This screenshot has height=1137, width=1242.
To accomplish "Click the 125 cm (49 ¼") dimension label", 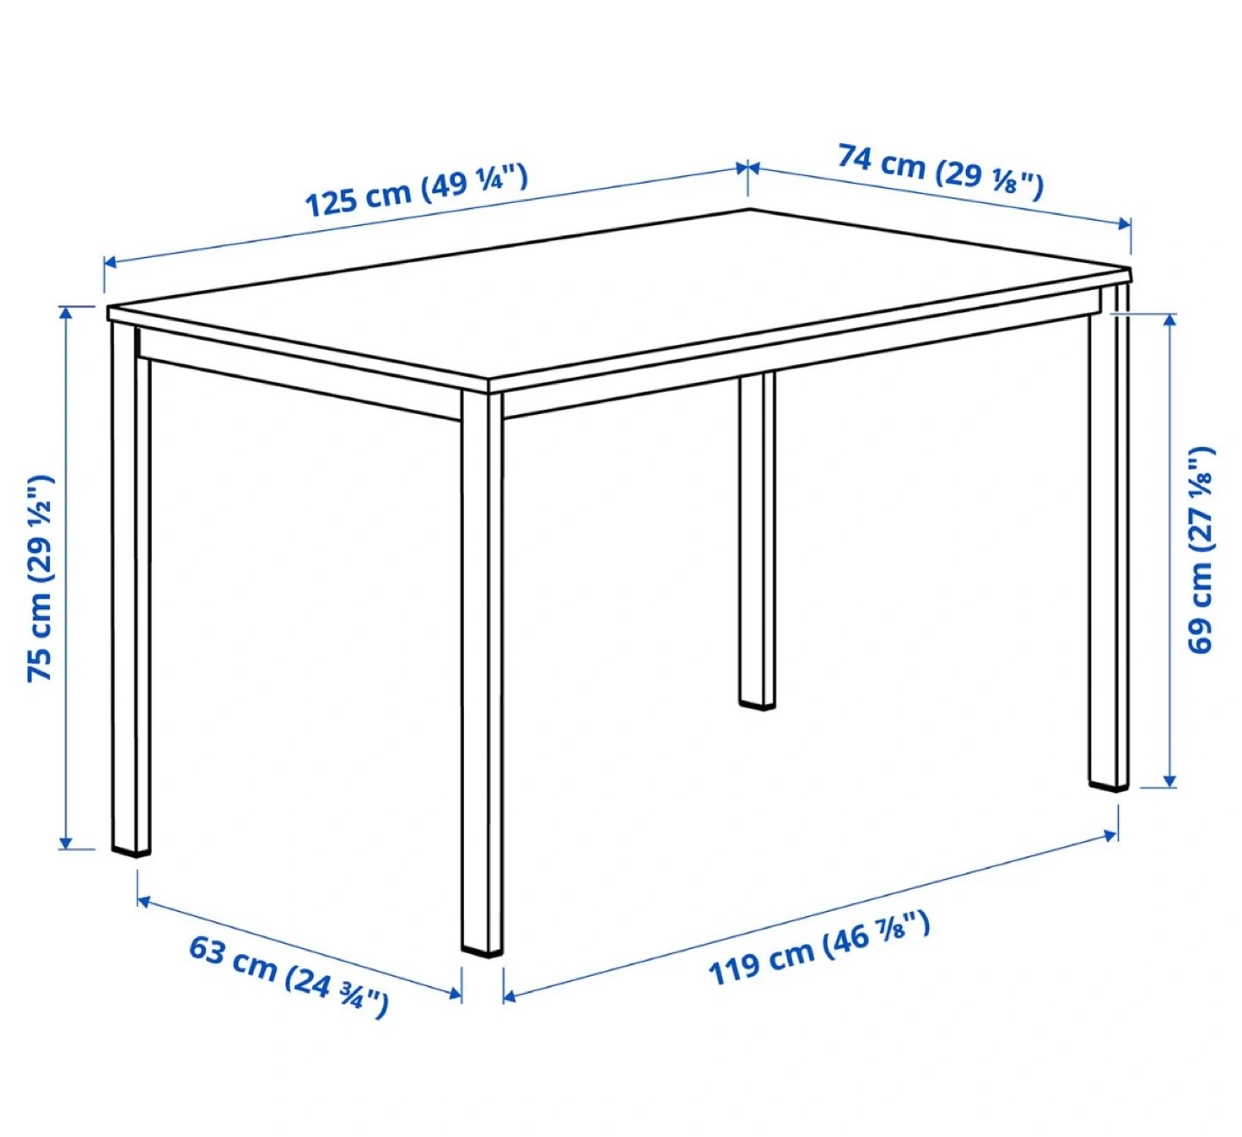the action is tap(417, 190).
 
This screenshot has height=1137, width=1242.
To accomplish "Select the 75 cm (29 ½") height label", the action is tap(41, 578).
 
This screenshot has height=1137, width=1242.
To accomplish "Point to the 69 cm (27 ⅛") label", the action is tap(1201, 549).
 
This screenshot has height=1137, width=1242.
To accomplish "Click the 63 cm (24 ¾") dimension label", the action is tap(289, 978).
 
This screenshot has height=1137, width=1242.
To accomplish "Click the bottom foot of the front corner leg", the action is tap(482, 953).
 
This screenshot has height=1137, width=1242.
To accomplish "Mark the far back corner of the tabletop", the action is tap(750, 210).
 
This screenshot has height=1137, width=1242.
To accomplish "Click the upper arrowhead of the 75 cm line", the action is tap(66, 313).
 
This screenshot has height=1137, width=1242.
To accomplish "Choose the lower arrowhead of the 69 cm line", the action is tap(1170, 781).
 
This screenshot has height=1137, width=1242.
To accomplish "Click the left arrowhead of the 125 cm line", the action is tap(111, 262).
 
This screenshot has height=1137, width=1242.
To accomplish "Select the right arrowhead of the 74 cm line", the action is tap(1124, 223).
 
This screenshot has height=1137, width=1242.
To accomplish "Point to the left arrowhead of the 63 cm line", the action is tap(144, 901).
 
